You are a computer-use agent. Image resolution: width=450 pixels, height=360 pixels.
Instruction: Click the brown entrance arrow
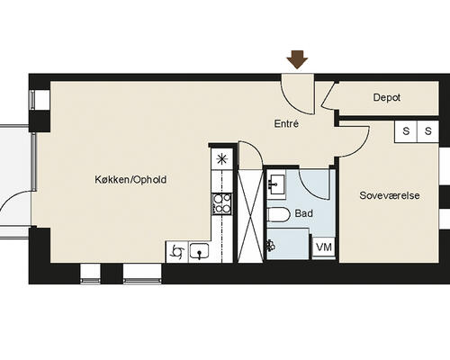297,59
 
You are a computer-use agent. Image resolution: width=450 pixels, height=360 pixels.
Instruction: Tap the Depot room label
387,97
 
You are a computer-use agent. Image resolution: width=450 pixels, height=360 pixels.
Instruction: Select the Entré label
286,123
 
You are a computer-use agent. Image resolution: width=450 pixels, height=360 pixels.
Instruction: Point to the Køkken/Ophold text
130,180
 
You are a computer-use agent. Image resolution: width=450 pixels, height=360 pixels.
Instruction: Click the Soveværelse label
390,195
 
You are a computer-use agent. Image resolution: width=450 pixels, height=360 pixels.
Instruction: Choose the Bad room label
304,213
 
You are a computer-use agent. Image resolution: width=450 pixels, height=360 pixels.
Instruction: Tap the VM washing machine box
324,247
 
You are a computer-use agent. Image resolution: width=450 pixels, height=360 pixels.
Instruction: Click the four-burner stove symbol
222,204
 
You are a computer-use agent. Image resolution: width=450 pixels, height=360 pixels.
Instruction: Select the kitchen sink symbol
199,251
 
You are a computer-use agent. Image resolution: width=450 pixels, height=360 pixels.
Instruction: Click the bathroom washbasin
276,184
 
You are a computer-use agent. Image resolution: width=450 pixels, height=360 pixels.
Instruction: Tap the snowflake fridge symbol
222,159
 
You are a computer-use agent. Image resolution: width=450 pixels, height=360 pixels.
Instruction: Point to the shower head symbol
271,245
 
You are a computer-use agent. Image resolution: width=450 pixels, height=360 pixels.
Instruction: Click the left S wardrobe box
406,131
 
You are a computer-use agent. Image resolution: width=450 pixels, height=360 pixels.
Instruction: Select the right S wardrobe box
428,131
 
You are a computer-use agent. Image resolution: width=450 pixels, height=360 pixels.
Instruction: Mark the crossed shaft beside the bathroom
250,216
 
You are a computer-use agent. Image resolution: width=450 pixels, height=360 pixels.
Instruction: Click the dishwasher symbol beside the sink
176,251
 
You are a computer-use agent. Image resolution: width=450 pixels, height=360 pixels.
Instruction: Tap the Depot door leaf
328,94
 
